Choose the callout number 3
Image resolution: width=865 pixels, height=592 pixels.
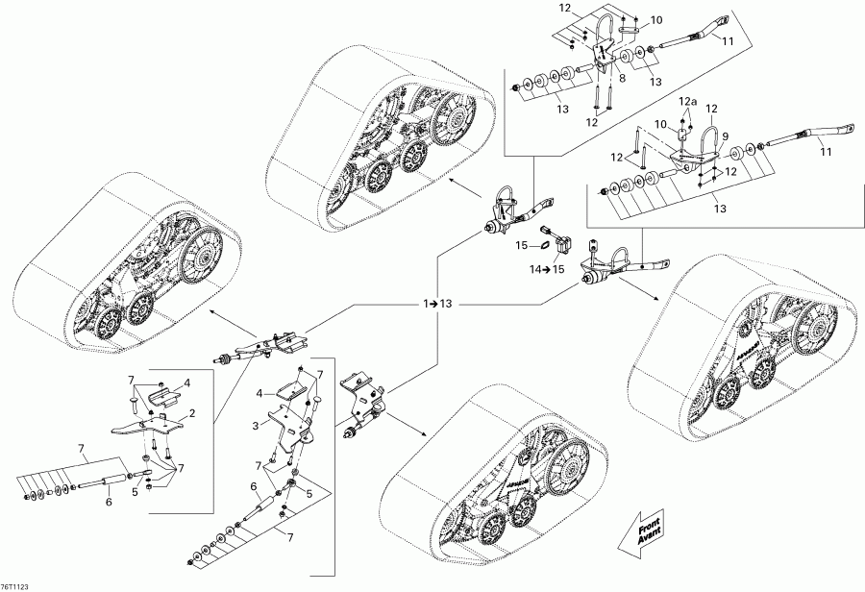(254, 424)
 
